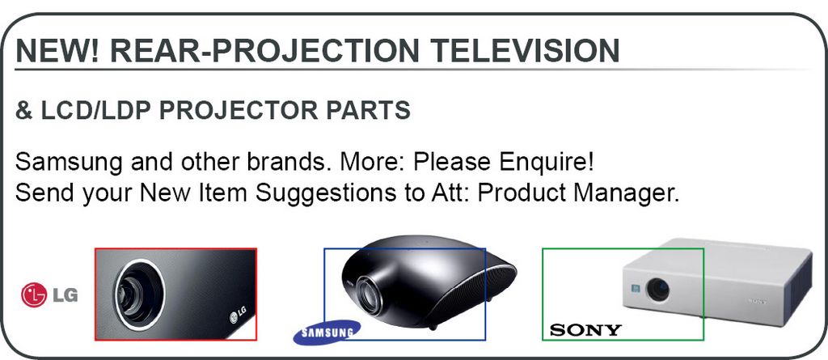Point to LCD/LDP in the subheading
pyautogui.click(x=95, y=110)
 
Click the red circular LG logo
pyautogui.click(x=34, y=295)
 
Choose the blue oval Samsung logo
pyautogui.click(x=327, y=332)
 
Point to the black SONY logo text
pyautogui.click(x=585, y=330)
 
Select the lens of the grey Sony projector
pyautogui.click(x=658, y=290)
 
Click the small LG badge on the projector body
pyautogui.click(x=238, y=315)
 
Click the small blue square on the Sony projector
pyautogui.click(x=636, y=289)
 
